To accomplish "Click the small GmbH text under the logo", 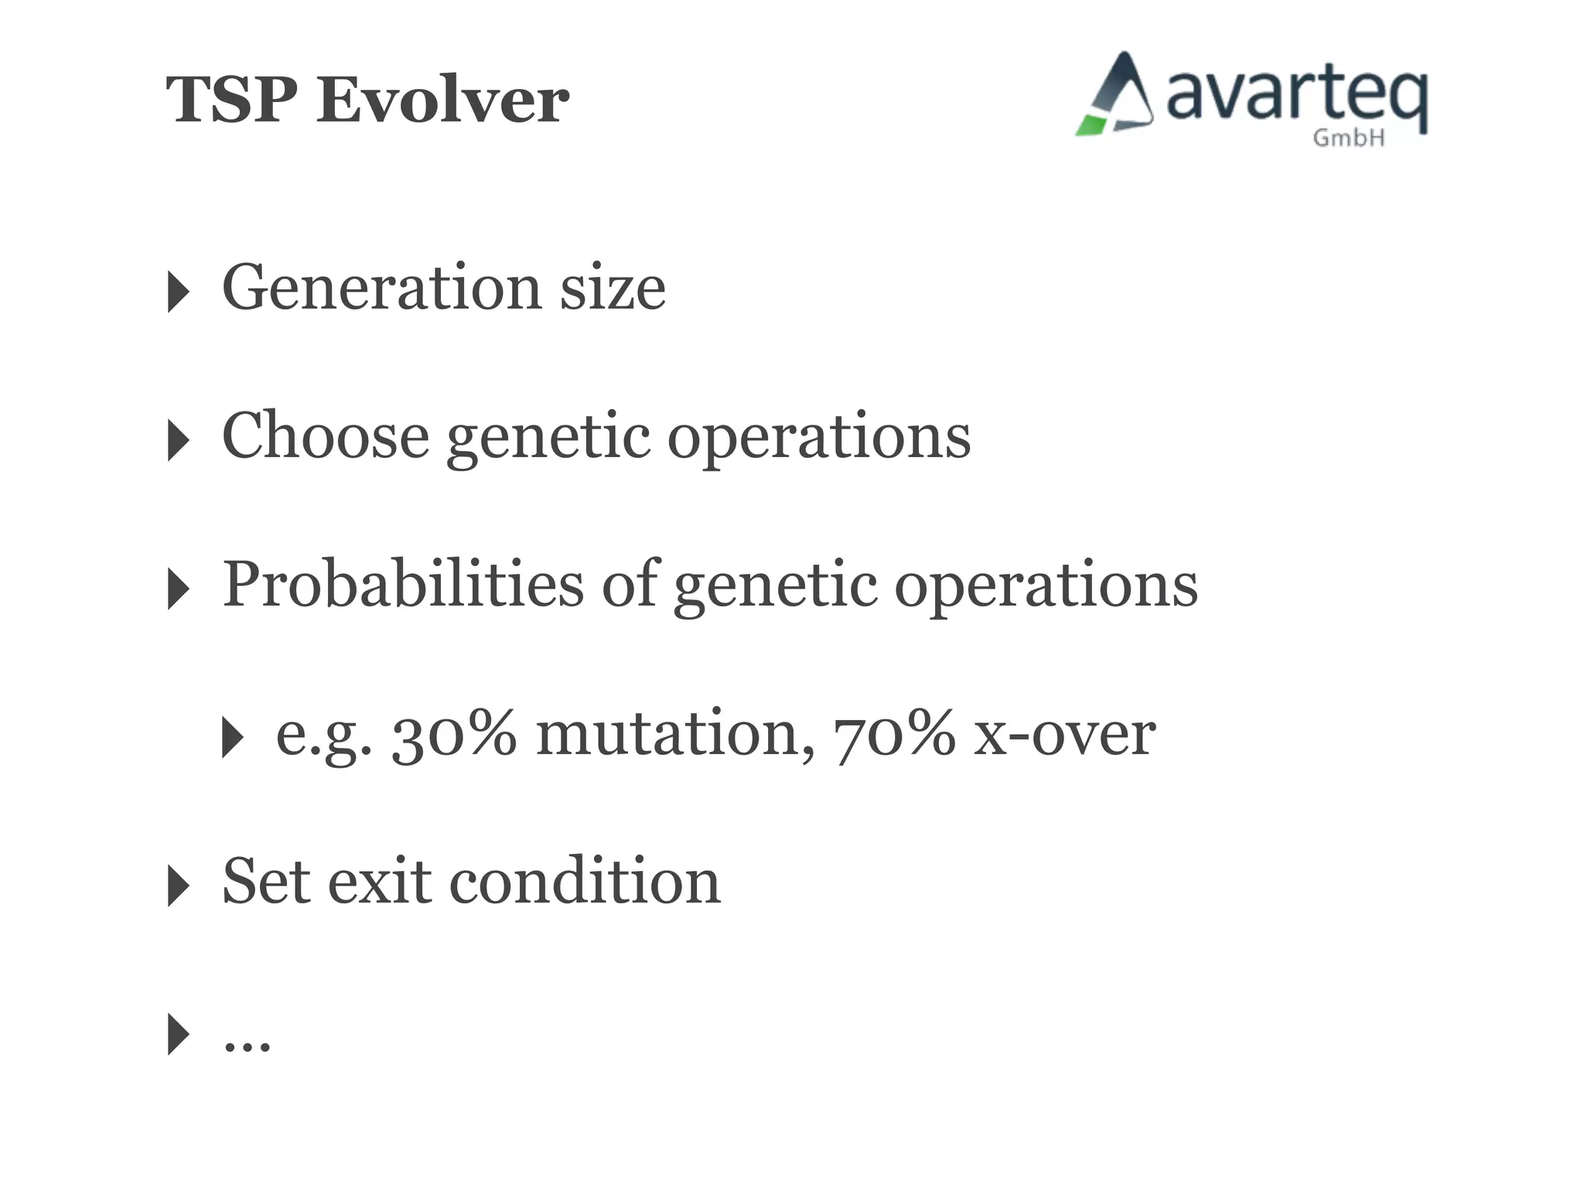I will pyautogui.click(x=1349, y=138).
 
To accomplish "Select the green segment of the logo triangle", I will pyautogui.click(x=1091, y=125).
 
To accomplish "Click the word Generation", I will pyautogui.click(x=382, y=287).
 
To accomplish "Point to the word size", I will pyautogui.click(x=613, y=287).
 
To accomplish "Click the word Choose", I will pyautogui.click(x=325, y=435).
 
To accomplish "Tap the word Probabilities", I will pyautogui.click(x=402, y=584).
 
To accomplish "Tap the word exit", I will pyautogui.click(x=379, y=882).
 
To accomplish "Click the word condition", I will pyautogui.click(x=585, y=882).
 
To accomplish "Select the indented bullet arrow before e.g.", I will pyautogui.click(x=232, y=737).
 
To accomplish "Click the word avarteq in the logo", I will pyautogui.click(x=1296, y=97).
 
